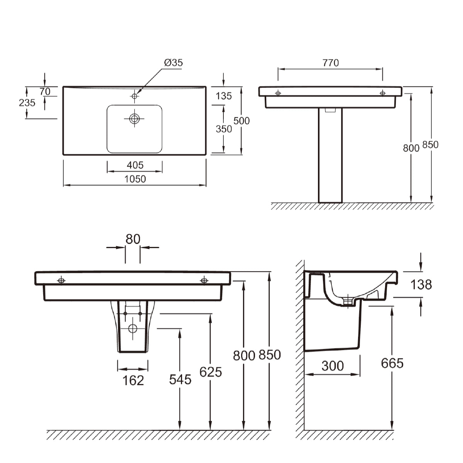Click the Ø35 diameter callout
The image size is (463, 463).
pos(173,63)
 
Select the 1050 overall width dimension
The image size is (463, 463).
pos(135,179)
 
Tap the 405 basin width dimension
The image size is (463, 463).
pos(135,165)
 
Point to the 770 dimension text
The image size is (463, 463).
pos(331,63)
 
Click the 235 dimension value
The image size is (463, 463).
pos(27,103)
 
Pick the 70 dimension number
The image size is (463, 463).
pos(45,91)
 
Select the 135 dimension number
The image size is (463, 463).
pos(224,96)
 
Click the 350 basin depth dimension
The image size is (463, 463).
pos(224,129)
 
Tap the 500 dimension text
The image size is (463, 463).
pos(242,121)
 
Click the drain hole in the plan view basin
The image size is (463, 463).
pos(134,118)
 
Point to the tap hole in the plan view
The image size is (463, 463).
pos(134,96)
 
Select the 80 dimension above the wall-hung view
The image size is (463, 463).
pos(133,239)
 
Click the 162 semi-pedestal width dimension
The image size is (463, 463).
pos(133,380)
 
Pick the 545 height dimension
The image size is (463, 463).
pos(180,380)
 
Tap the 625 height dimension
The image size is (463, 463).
pos(211,372)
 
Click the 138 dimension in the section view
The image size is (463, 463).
pos(421,285)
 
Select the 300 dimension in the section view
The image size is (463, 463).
pos(333,365)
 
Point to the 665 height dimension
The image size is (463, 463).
pos(392,363)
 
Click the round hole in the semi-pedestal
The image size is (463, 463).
pos(133,329)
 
